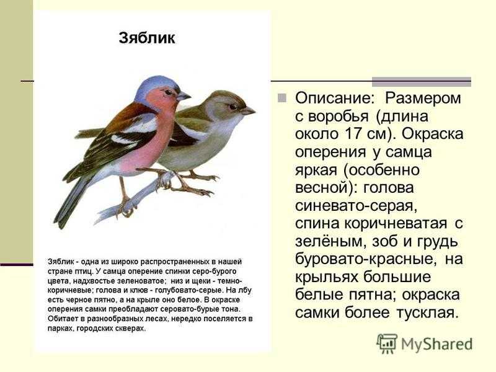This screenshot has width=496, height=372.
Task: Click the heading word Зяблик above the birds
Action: [147, 38]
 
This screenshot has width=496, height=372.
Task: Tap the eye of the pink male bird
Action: [168, 92]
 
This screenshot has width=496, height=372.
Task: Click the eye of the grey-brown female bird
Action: [233, 107]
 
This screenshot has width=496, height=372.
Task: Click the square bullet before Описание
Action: [282, 98]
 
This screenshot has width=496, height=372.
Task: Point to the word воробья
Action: [339, 117]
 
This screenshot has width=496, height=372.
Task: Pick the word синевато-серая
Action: [356, 206]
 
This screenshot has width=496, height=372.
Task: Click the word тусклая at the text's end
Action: [427, 312]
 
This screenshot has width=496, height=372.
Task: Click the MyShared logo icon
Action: [387, 343]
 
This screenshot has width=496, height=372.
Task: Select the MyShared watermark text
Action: [437, 345]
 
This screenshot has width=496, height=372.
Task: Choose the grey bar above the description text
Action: [422, 82]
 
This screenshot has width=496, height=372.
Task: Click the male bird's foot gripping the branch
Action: [125, 208]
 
